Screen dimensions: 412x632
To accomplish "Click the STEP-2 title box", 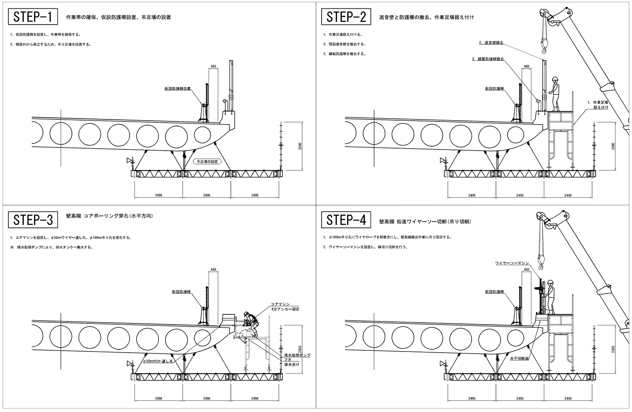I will (346, 17).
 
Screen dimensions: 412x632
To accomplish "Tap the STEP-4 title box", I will (346, 219).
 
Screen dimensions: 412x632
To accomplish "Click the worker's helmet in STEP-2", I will (555, 79).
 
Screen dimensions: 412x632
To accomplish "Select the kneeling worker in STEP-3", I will (250, 322).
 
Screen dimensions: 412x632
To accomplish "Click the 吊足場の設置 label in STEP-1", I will (207, 162).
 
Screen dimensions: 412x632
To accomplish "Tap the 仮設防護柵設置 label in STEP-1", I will (177, 89).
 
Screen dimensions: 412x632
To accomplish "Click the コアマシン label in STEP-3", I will (280, 304).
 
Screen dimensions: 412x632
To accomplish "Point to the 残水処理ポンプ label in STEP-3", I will (297, 355).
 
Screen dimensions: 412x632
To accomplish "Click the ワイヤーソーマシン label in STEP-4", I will (512, 263).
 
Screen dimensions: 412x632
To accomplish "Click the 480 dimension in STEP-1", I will (213, 66).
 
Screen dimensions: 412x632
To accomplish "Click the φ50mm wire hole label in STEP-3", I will (158, 361).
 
